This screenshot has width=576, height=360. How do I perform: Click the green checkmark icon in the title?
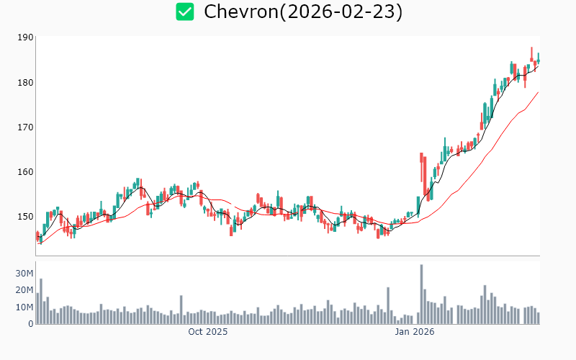185,12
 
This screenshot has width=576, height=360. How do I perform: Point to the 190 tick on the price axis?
25,37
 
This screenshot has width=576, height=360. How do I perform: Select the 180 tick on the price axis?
25,82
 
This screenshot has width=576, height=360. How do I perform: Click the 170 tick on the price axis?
25,127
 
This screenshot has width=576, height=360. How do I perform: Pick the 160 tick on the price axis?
25,171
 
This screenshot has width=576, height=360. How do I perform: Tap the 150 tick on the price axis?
25,216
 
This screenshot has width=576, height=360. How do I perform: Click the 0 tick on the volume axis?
30,323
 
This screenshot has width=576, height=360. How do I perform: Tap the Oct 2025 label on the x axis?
207,332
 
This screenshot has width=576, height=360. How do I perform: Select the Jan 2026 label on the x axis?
414,332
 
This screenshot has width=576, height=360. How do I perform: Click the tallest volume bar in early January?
421,295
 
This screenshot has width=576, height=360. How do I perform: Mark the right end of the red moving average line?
538,92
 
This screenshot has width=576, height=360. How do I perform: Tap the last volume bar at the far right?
538,318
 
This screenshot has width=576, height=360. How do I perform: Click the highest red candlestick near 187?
531,55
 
